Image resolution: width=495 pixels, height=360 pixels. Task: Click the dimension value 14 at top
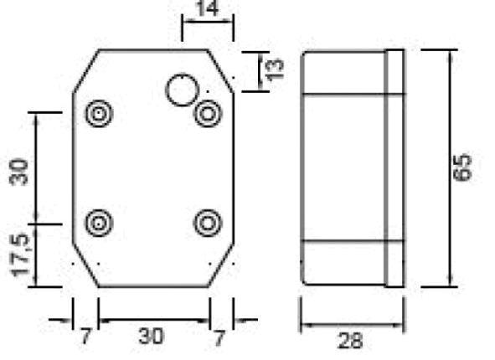(x=208, y=8)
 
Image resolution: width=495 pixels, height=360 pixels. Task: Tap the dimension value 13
(x=276, y=69)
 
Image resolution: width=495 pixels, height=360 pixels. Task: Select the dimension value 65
(x=461, y=167)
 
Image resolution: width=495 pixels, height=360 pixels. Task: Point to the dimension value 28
(x=350, y=342)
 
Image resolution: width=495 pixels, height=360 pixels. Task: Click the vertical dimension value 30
(x=18, y=172)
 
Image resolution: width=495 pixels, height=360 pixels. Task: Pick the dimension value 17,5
(x=19, y=255)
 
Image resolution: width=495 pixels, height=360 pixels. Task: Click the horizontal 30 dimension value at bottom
(x=152, y=336)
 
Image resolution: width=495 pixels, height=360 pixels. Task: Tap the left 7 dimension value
(x=85, y=337)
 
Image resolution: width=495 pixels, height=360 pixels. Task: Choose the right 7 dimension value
(x=219, y=337)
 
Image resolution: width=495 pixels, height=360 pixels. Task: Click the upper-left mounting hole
(x=99, y=113)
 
